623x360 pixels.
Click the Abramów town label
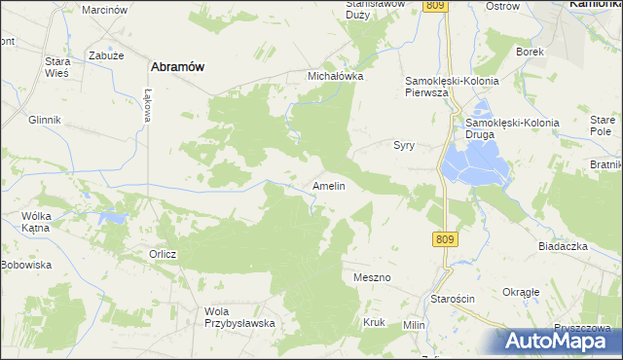tap(176, 66)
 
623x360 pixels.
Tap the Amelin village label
tap(328, 185)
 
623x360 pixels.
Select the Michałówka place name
tap(335, 75)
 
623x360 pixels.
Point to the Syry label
tap(404, 145)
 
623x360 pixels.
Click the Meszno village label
tap(372, 277)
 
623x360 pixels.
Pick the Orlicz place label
tap(163, 254)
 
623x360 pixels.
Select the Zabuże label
tap(104, 55)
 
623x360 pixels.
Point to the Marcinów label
tap(105, 9)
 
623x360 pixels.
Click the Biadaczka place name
tap(563, 246)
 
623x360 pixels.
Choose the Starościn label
tap(454, 299)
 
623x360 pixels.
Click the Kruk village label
tap(374, 322)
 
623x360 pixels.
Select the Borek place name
tap(529, 51)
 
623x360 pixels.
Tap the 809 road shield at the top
tap(435, 6)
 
